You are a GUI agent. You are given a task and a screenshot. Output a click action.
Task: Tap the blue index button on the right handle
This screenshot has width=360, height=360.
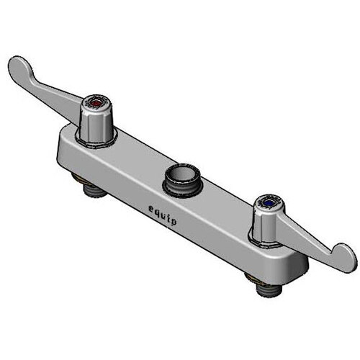[x=269, y=204]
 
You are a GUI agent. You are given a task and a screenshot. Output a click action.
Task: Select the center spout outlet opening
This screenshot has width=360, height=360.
[x=181, y=173]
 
